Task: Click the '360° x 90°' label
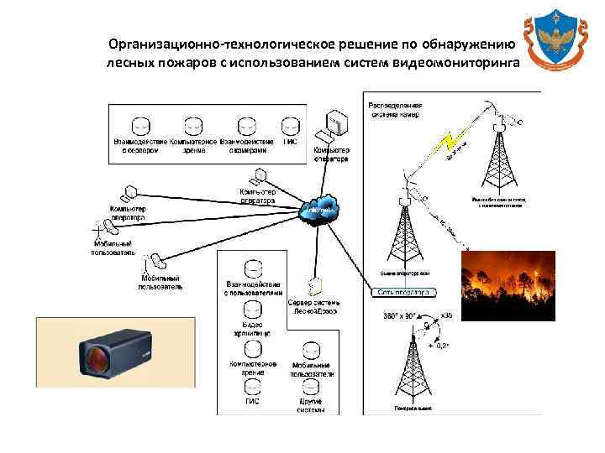(400, 316)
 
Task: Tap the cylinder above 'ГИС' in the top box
(289, 126)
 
